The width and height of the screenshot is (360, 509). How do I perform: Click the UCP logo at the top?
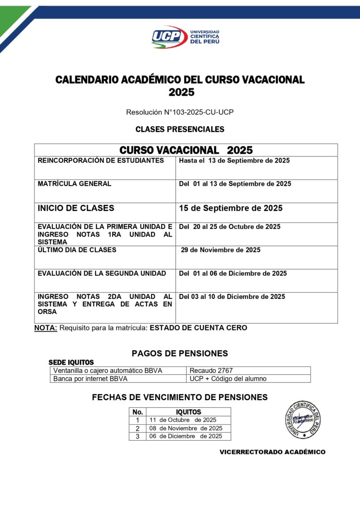(x=185, y=37)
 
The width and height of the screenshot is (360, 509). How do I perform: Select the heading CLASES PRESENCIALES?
(x=180, y=129)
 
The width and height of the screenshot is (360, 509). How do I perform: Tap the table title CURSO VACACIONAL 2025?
(x=186, y=150)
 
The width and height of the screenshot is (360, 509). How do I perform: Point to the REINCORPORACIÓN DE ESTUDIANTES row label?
(x=101, y=161)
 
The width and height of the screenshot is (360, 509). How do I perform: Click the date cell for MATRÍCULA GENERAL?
(x=235, y=184)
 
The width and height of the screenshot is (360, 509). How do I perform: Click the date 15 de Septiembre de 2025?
(x=230, y=208)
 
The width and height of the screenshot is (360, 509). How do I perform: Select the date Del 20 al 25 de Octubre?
(x=229, y=227)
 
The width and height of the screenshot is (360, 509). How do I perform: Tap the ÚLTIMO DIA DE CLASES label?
(x=77, y=250)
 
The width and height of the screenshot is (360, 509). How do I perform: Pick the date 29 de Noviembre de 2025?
(x=221, y=250)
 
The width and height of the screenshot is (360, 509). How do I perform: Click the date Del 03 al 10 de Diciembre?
(x=232, y=296)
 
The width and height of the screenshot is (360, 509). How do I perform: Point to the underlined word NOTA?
(x=46, y=328)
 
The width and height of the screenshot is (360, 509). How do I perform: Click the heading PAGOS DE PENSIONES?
(x=180, y=353)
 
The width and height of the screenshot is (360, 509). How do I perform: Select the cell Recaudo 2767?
(x=211, y=370)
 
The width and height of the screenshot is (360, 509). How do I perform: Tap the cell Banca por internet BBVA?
(x=90, y=378)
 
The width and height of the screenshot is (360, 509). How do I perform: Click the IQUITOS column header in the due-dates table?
(x=188, y=412)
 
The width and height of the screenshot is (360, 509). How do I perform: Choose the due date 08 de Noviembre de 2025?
(x=186, y=428)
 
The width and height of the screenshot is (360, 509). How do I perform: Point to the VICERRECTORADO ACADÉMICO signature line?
(x=272, y=452)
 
